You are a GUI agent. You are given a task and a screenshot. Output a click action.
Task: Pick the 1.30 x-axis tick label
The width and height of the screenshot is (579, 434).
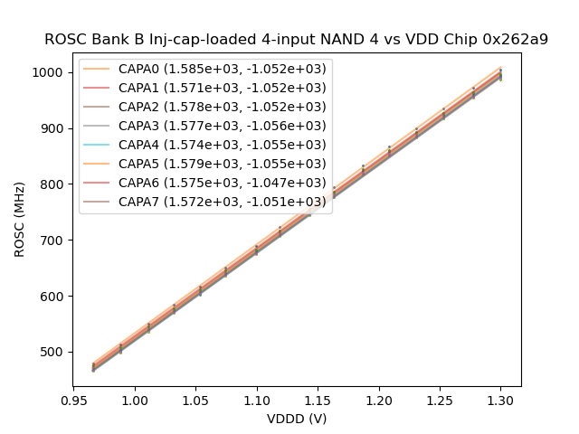pos(500,399)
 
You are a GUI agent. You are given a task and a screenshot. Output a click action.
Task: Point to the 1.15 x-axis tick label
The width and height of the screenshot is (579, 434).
pos(318,399)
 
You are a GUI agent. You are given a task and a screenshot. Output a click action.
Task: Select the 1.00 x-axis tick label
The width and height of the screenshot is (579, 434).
pos(135,399)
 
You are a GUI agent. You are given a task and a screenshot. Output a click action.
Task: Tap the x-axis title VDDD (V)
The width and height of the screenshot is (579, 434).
pos(297,419)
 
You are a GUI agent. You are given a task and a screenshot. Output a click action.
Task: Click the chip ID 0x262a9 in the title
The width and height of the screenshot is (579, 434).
pos(517,40)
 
